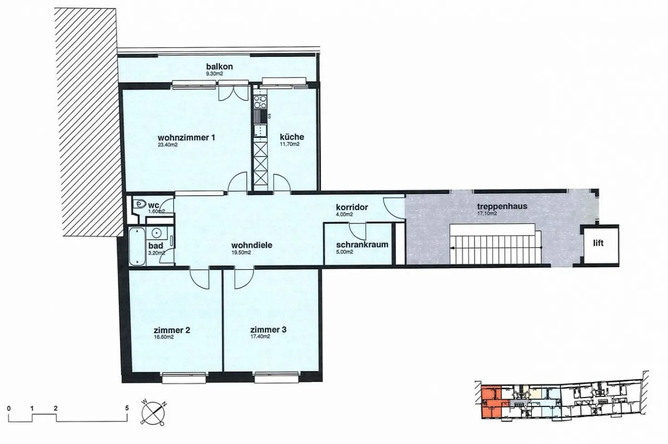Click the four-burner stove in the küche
260,102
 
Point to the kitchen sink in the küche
260,131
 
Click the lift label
598,243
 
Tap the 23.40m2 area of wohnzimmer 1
168,145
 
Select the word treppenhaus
502,206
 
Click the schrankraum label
362,245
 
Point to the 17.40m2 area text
260,336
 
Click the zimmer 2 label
172,330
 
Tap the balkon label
219,66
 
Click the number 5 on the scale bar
127,408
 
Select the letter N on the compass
164,405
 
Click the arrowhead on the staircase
453,247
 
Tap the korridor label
352,207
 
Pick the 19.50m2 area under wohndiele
241,252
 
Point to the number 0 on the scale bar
9,408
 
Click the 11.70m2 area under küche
289,144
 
